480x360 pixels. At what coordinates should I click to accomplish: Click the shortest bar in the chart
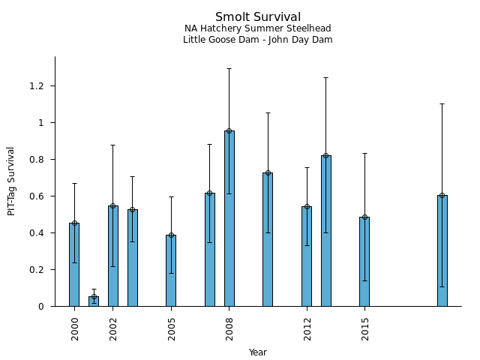[94, 301]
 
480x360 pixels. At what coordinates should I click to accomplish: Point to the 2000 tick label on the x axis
[75, 328]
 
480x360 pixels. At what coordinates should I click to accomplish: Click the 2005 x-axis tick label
[172, 328]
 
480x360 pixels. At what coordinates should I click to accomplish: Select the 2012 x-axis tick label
[307, 328]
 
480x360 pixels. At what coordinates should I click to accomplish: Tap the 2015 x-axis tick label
[365, 328]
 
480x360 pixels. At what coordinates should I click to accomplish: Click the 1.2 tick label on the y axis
[37, 86]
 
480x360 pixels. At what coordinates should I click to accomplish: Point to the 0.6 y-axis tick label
[37, 196]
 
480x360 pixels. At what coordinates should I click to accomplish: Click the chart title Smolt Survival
[258, 17]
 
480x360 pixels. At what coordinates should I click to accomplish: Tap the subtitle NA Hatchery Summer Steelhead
[258, 28]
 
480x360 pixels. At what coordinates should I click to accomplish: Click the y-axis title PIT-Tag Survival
[11, 181]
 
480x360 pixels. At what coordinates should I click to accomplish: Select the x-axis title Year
[258, 352]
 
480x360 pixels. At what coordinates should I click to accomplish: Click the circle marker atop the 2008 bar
[229, 131]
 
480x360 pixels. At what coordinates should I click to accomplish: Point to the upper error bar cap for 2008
[229, 69]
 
